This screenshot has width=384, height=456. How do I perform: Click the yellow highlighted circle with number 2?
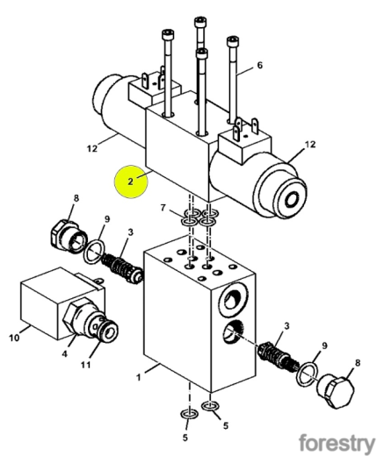tap(131, 182)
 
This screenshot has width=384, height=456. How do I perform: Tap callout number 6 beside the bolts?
tap(260, 65)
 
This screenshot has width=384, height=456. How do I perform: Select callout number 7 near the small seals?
tap(163, 208)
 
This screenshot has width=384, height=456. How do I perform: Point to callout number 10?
tap(14, 338)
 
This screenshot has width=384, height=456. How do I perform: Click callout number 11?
tap(85, 365)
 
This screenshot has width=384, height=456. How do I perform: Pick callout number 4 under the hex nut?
tap(64, 353)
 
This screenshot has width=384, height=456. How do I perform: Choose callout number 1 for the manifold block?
tap(139, 377)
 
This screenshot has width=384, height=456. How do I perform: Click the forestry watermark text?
tap(337, 444)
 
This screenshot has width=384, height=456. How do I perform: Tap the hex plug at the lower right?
tap(336, 390)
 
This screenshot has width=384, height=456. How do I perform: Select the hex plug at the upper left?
tap(69, 236)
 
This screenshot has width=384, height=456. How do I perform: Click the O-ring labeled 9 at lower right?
tap(308, 374)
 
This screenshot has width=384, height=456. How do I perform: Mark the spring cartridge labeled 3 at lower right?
tap(279, 357)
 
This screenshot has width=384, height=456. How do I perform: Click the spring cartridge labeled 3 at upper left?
tap(122, 267)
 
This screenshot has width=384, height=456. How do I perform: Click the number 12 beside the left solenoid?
tap(92, 148)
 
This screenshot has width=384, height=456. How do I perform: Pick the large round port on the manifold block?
tap(234, 299)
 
